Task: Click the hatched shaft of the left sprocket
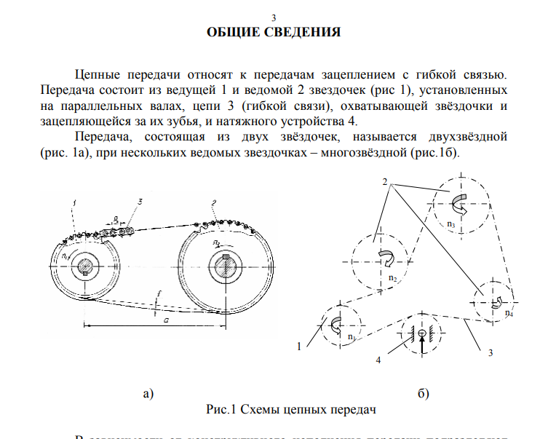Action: (x=87, y=267)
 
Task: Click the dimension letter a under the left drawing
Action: (x=167, y=319)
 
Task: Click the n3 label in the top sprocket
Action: (x=452, y=224)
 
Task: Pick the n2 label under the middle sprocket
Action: (x=392, y=277)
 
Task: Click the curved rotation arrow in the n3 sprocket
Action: (x=461, y=202)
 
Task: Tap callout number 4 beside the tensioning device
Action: (x=378, y=360)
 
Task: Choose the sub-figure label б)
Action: (x=424, y=394)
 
